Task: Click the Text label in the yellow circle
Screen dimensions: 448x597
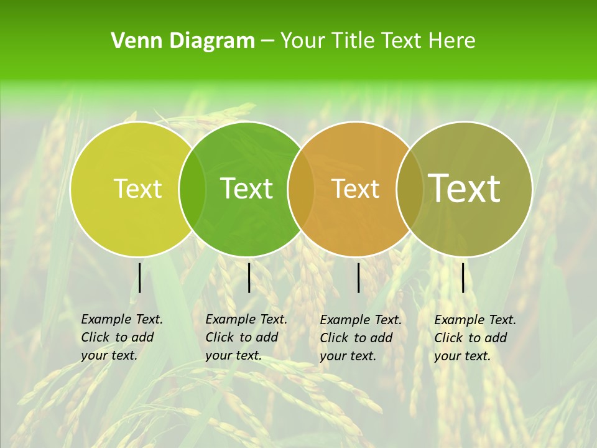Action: tap(138, 189)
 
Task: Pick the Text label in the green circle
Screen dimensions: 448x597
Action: tap(247, 189)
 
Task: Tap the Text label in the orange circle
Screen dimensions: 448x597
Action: tap(356, 189)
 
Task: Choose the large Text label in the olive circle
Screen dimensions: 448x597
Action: tap(465, 188)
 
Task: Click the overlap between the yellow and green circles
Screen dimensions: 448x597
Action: tap(192, 189)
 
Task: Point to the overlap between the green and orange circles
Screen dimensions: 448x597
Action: tap(301, 189)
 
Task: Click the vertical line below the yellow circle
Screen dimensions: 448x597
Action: tap(139, 278)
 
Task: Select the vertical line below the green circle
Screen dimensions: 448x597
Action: tap(249, 278)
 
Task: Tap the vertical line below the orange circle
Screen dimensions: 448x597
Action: tap(359, 278)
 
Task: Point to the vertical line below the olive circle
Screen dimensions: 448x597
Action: tap(463, 278)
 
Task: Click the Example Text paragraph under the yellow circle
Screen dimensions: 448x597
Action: tap(121, 337)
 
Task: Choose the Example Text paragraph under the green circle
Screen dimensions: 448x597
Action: tap(246, 337)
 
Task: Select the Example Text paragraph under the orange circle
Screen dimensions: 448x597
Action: tap(360, 338)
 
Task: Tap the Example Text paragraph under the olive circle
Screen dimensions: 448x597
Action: tap(474, 338)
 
